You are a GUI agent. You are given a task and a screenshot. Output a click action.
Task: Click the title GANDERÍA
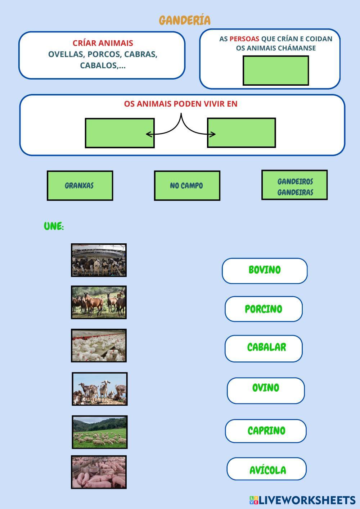185,20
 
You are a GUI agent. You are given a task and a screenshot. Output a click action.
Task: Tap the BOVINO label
265,270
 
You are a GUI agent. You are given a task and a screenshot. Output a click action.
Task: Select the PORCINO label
264,309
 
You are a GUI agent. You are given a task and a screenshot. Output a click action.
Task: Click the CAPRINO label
266,431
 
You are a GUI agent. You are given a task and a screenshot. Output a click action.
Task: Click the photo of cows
99,260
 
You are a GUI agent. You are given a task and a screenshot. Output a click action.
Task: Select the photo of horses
99,302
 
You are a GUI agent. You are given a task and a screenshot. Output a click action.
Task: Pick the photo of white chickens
99,345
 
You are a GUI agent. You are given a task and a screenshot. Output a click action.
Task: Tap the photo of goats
99,389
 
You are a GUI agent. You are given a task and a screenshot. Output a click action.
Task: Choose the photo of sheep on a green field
99,432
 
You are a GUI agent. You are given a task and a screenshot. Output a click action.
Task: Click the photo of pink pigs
99,472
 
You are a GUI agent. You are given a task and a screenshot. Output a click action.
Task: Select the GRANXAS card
80,186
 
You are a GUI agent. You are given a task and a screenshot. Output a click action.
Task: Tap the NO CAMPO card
187,186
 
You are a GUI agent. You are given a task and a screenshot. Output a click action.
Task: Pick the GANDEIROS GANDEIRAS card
294,185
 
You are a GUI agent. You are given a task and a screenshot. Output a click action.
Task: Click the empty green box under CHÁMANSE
276,71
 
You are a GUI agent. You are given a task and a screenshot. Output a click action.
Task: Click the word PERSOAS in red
244,39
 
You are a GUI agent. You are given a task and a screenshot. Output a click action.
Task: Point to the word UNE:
54,226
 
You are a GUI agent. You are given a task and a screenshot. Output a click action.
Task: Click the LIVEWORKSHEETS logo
302,500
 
